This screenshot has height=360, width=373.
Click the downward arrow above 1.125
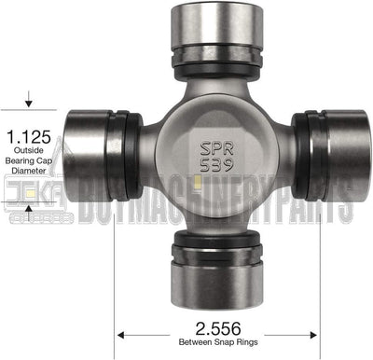point(30,102)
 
